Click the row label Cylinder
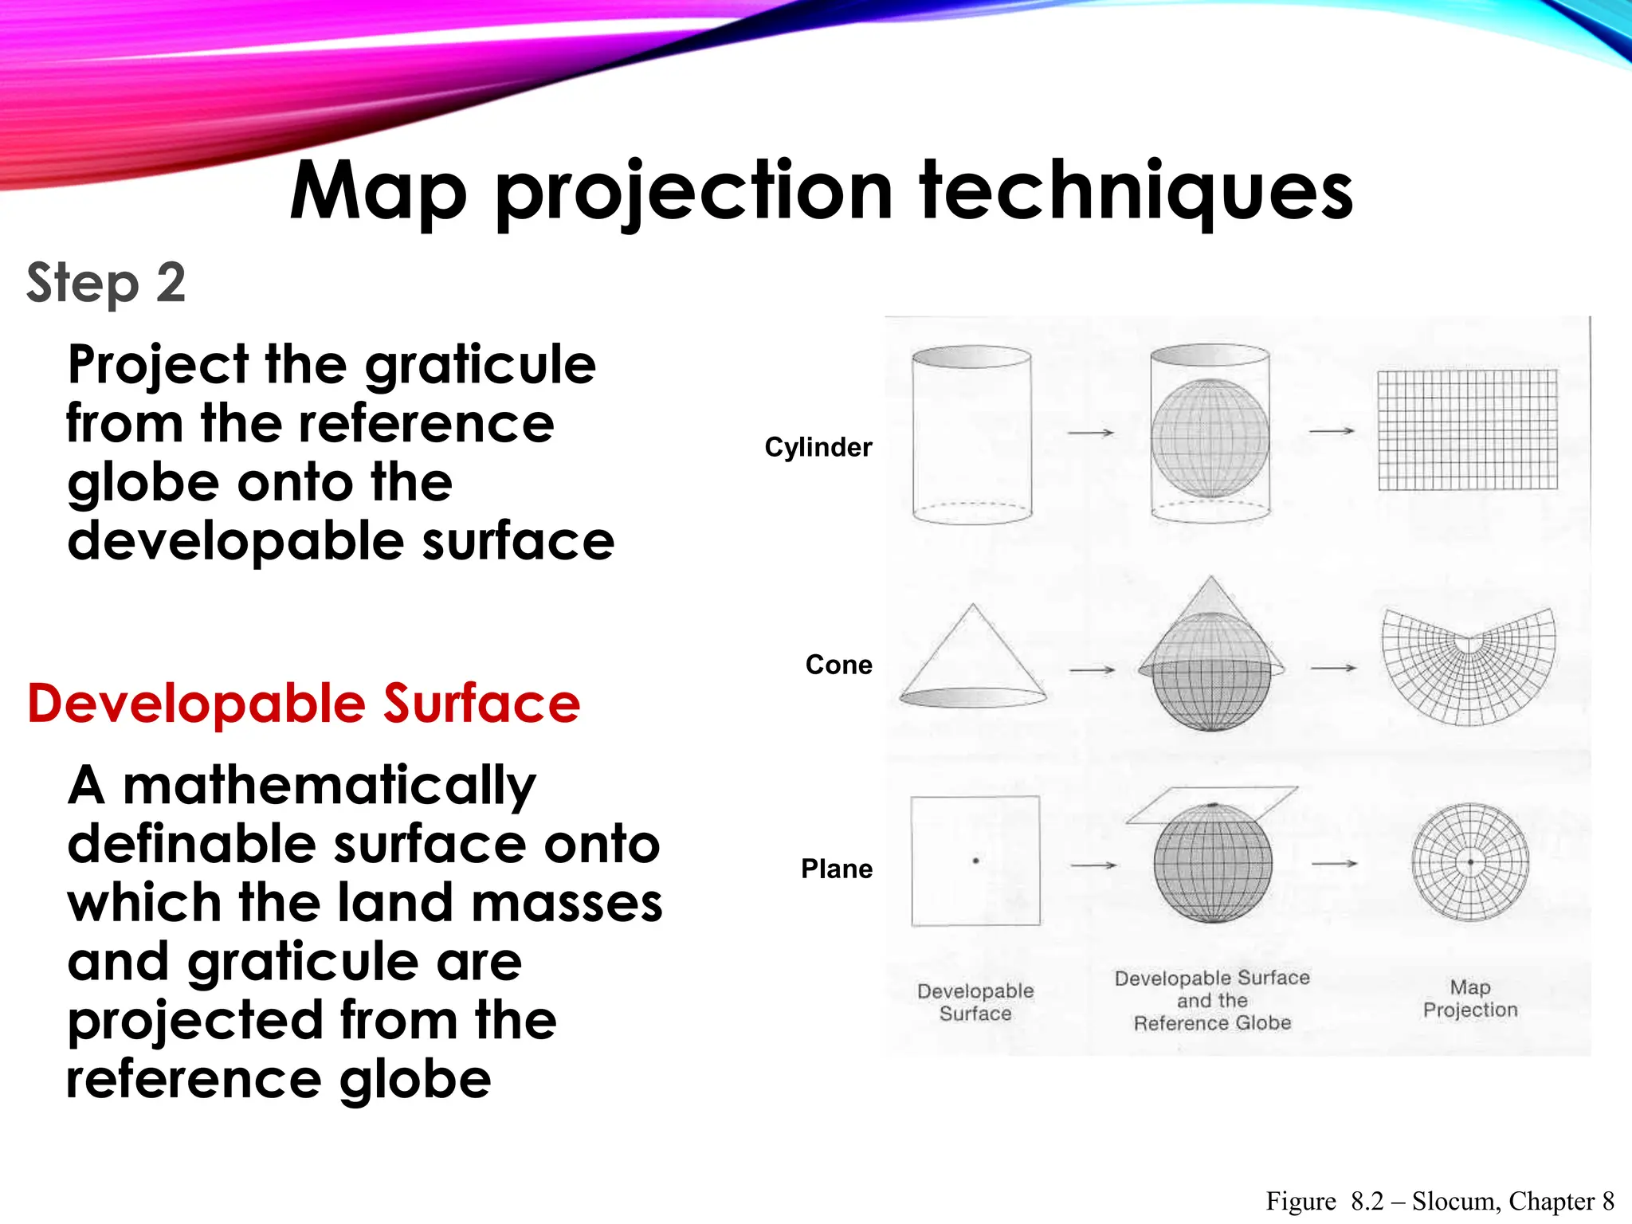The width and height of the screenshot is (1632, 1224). tap(818, 447)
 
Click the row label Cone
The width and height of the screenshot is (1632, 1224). tap(838, 665)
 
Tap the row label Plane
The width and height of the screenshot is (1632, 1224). tap(836, 869)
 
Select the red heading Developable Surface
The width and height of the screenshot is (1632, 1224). tap(304, 704)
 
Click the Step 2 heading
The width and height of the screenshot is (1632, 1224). tap(106, 283)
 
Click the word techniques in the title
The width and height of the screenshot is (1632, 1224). tap(1136, 191)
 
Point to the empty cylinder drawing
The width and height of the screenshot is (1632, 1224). tap(971, 435)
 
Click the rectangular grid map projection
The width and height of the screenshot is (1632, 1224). tap(1467, 430)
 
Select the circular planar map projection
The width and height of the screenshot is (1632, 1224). tap(1470, 862)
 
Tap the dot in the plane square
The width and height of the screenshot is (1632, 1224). tap(975, 861)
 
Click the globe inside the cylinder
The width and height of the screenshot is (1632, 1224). tap(1210, 438)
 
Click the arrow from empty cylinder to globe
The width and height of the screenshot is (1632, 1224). tap(1090, 433)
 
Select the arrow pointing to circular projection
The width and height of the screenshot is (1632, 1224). tap(1334, 863)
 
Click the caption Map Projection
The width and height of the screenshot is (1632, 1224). tap(1470, 998)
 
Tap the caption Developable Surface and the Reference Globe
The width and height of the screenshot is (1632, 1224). tap(1212, 1000)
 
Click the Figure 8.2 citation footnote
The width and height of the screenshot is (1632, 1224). tap(1439, 1201)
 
